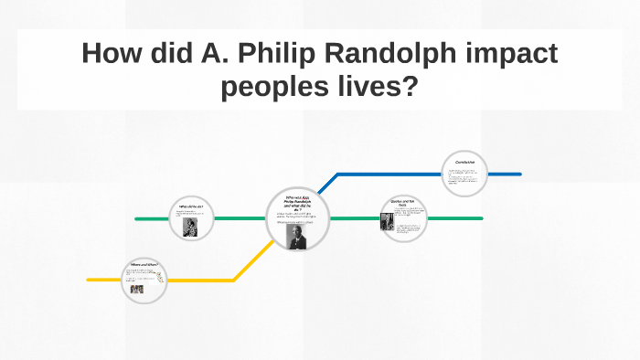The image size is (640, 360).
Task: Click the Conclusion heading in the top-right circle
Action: point(465,163)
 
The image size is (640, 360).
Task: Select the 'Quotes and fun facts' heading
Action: point(404,203)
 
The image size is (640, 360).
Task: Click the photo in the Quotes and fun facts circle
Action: point(387,222)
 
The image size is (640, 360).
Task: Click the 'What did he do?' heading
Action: point(191,206)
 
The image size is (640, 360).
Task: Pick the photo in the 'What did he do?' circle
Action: point(190,227)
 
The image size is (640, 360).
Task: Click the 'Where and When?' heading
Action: point(144,265)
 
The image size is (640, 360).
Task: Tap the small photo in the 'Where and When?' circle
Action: point(136,289)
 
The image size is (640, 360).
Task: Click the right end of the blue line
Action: point(519,174)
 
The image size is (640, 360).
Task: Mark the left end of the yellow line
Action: point(89,280)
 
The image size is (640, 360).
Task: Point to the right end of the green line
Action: point(481,219)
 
